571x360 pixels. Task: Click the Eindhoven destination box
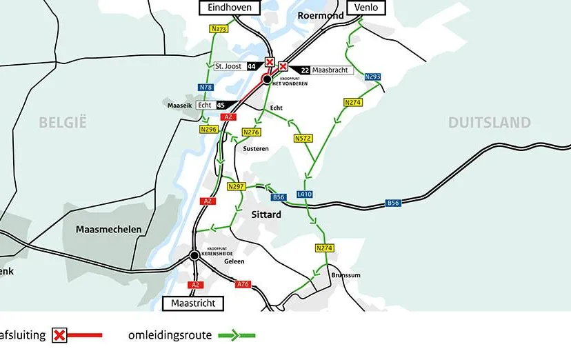point(230,8)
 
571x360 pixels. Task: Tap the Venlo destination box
point(366,8)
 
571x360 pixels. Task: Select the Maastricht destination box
point(193,303)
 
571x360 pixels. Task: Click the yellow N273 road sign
point(218,30)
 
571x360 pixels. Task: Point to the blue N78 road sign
point(206,88)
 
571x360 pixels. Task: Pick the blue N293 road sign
point(372,77)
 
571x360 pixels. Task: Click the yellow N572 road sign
point(303,139)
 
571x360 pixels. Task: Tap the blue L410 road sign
point(305,194)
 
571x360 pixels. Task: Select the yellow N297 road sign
point(237,187)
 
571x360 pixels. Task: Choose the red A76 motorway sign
point(243,284)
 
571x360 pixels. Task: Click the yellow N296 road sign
point(209,130)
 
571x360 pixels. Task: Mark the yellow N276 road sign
point(252,132)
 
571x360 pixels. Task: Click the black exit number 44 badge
point(252,66)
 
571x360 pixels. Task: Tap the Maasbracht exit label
point(331,70)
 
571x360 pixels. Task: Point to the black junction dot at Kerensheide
point(194,256)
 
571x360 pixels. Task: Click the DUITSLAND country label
point(490,123)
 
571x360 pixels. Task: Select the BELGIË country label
point(63,123)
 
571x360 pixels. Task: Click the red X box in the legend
point(60,336)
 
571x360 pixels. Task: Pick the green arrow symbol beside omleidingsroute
point(237,336)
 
